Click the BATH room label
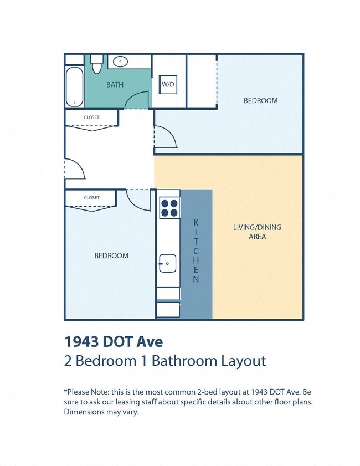point(115,85)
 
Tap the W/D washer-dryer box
point(168,85)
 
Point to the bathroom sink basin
point(119,62)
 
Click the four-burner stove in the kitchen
point(169,207)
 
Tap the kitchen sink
point(168,263)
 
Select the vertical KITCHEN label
point(196,250)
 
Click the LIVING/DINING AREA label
point(257,232)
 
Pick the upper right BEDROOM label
point(260,100)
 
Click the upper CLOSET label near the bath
point(91,117)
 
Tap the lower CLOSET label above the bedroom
point(91,198)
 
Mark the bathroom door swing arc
point(137,100)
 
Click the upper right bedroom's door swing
point(165,137)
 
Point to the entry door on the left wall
point(74,170)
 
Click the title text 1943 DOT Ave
point(114,340)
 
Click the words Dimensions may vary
point(101,412)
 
